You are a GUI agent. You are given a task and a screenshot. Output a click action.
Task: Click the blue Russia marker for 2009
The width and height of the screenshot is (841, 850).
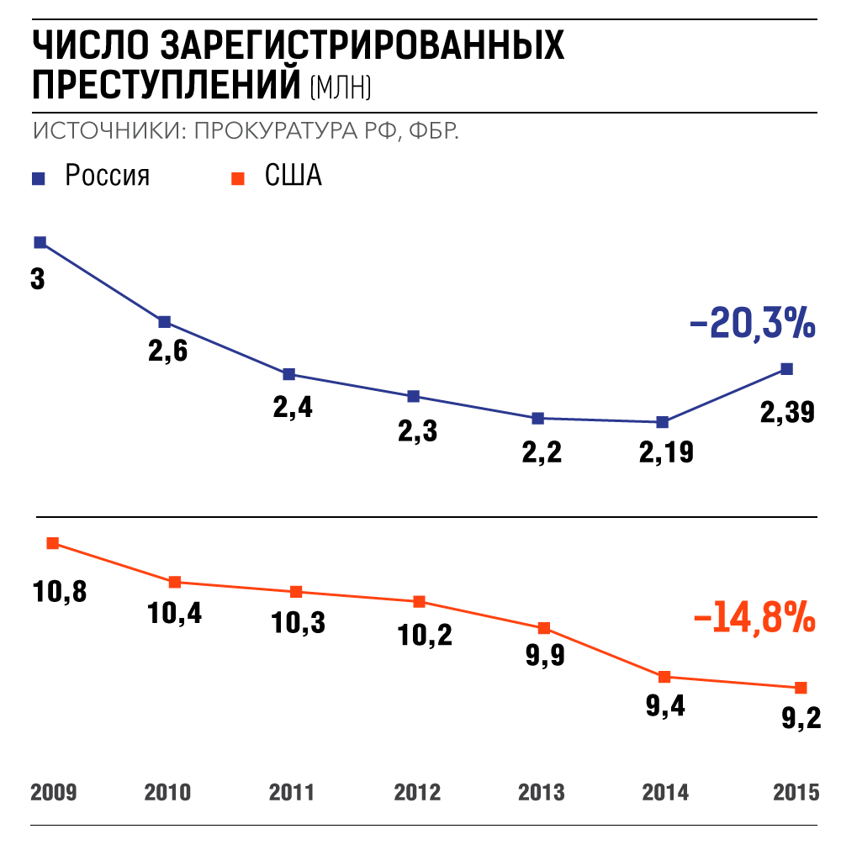click(40, 242)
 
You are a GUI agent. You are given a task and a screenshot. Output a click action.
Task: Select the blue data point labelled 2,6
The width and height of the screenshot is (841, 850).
click(165, 322)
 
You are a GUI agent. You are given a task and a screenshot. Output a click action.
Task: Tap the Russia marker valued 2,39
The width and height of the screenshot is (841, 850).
click(787, 368)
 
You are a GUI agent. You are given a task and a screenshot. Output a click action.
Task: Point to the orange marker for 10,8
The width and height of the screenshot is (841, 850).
click(53, 543)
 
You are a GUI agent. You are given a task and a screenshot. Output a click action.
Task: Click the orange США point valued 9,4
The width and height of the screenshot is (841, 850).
click(664, 677)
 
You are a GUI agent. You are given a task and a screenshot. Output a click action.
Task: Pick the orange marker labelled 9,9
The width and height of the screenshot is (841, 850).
click(544, 628)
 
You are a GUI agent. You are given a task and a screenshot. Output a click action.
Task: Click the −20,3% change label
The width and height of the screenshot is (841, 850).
click(752, 324)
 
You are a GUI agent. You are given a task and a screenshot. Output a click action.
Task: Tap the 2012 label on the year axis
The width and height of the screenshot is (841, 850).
click(417, 793)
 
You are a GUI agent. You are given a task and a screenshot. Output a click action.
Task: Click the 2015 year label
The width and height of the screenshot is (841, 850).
click(795, 793)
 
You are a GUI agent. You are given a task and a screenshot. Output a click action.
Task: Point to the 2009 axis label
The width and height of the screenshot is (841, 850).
click(54, 793)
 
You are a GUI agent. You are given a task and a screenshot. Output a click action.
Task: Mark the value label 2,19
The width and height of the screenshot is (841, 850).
click(666, 452)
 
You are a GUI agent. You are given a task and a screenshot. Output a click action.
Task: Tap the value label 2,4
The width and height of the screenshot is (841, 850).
click(293, 408)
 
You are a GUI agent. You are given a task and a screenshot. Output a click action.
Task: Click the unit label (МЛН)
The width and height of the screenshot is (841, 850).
click(341, 87)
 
